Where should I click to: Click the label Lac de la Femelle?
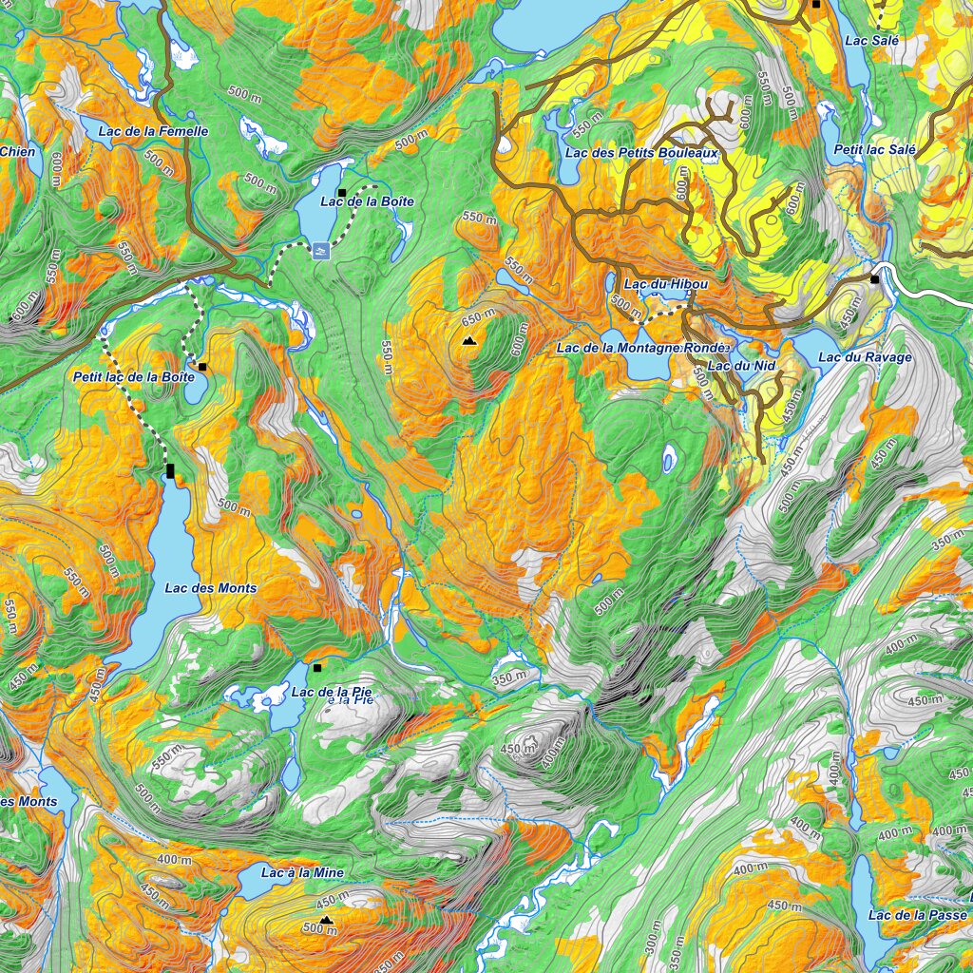152,131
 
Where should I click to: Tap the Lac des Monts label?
210,588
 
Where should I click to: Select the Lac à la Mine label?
302,872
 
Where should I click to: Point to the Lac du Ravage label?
865,358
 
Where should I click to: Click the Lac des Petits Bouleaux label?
640,152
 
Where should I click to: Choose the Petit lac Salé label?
874,150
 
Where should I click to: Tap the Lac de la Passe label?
917,915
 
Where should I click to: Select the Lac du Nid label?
735,366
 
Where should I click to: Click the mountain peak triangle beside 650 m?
468,340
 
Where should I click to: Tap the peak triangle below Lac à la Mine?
326,919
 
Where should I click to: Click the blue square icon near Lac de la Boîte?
320,251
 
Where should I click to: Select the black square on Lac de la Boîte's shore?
341,193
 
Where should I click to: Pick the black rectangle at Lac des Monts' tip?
170,470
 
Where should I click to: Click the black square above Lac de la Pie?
317,668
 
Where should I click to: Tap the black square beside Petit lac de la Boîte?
202,367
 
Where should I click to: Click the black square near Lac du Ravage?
874,279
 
